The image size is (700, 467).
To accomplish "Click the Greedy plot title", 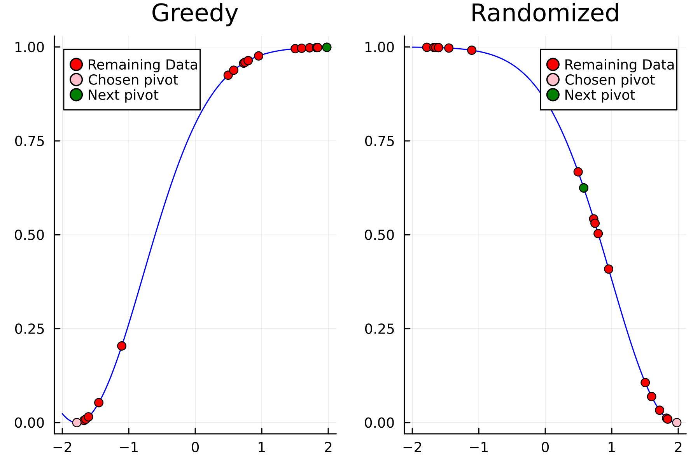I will tap(194, 13).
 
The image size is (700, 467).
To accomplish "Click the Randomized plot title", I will tap(544, 13).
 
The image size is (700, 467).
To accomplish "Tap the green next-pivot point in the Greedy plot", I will tap(327, 47).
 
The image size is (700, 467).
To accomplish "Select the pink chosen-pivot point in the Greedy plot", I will tap(77, 422).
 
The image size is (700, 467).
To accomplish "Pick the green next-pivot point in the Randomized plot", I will tap(583, 188).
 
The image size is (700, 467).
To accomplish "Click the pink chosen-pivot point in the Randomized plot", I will tap(677, 422).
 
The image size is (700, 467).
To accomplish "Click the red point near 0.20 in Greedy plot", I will tap(122, 346).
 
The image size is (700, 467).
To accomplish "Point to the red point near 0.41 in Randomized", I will tap(609, 269).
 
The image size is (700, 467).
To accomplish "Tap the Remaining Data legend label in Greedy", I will tap(143, 65).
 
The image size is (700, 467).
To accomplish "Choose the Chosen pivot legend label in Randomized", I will tap(609, 80).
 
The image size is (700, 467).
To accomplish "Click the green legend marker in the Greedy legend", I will tap(76, 95).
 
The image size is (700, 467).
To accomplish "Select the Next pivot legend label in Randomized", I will tap(599, 95).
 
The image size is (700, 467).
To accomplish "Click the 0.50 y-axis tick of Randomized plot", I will tap(379, 235).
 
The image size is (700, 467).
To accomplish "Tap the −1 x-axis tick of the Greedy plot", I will tap(128, 448).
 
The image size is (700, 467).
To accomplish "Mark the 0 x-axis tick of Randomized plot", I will tap(545, 448).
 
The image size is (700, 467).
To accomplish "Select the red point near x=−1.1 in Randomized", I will tap(472, 50).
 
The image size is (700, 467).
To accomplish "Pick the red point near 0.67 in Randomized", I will tap(578, 172).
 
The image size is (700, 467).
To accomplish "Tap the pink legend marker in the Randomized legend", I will tap(553, 80).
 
